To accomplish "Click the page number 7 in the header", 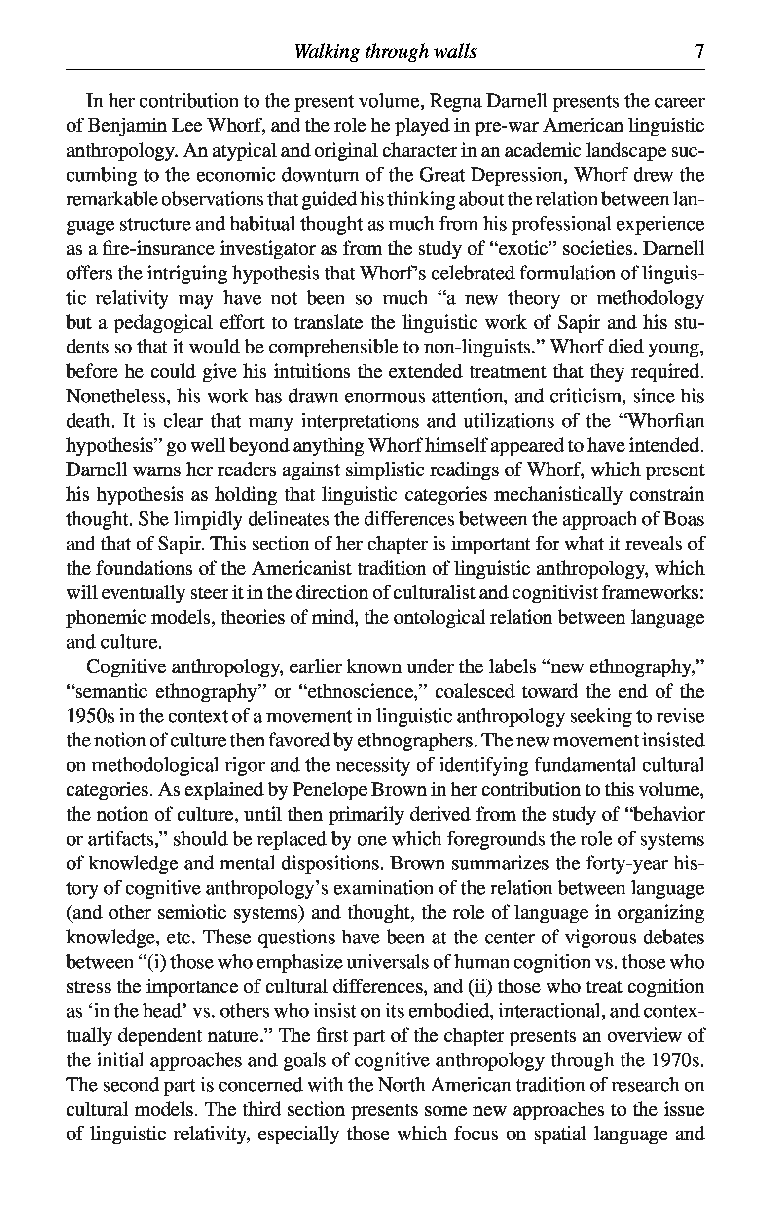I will coord(698,52).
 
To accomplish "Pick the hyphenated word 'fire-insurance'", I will coord(148,249).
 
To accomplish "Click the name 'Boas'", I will coord(684,520).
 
